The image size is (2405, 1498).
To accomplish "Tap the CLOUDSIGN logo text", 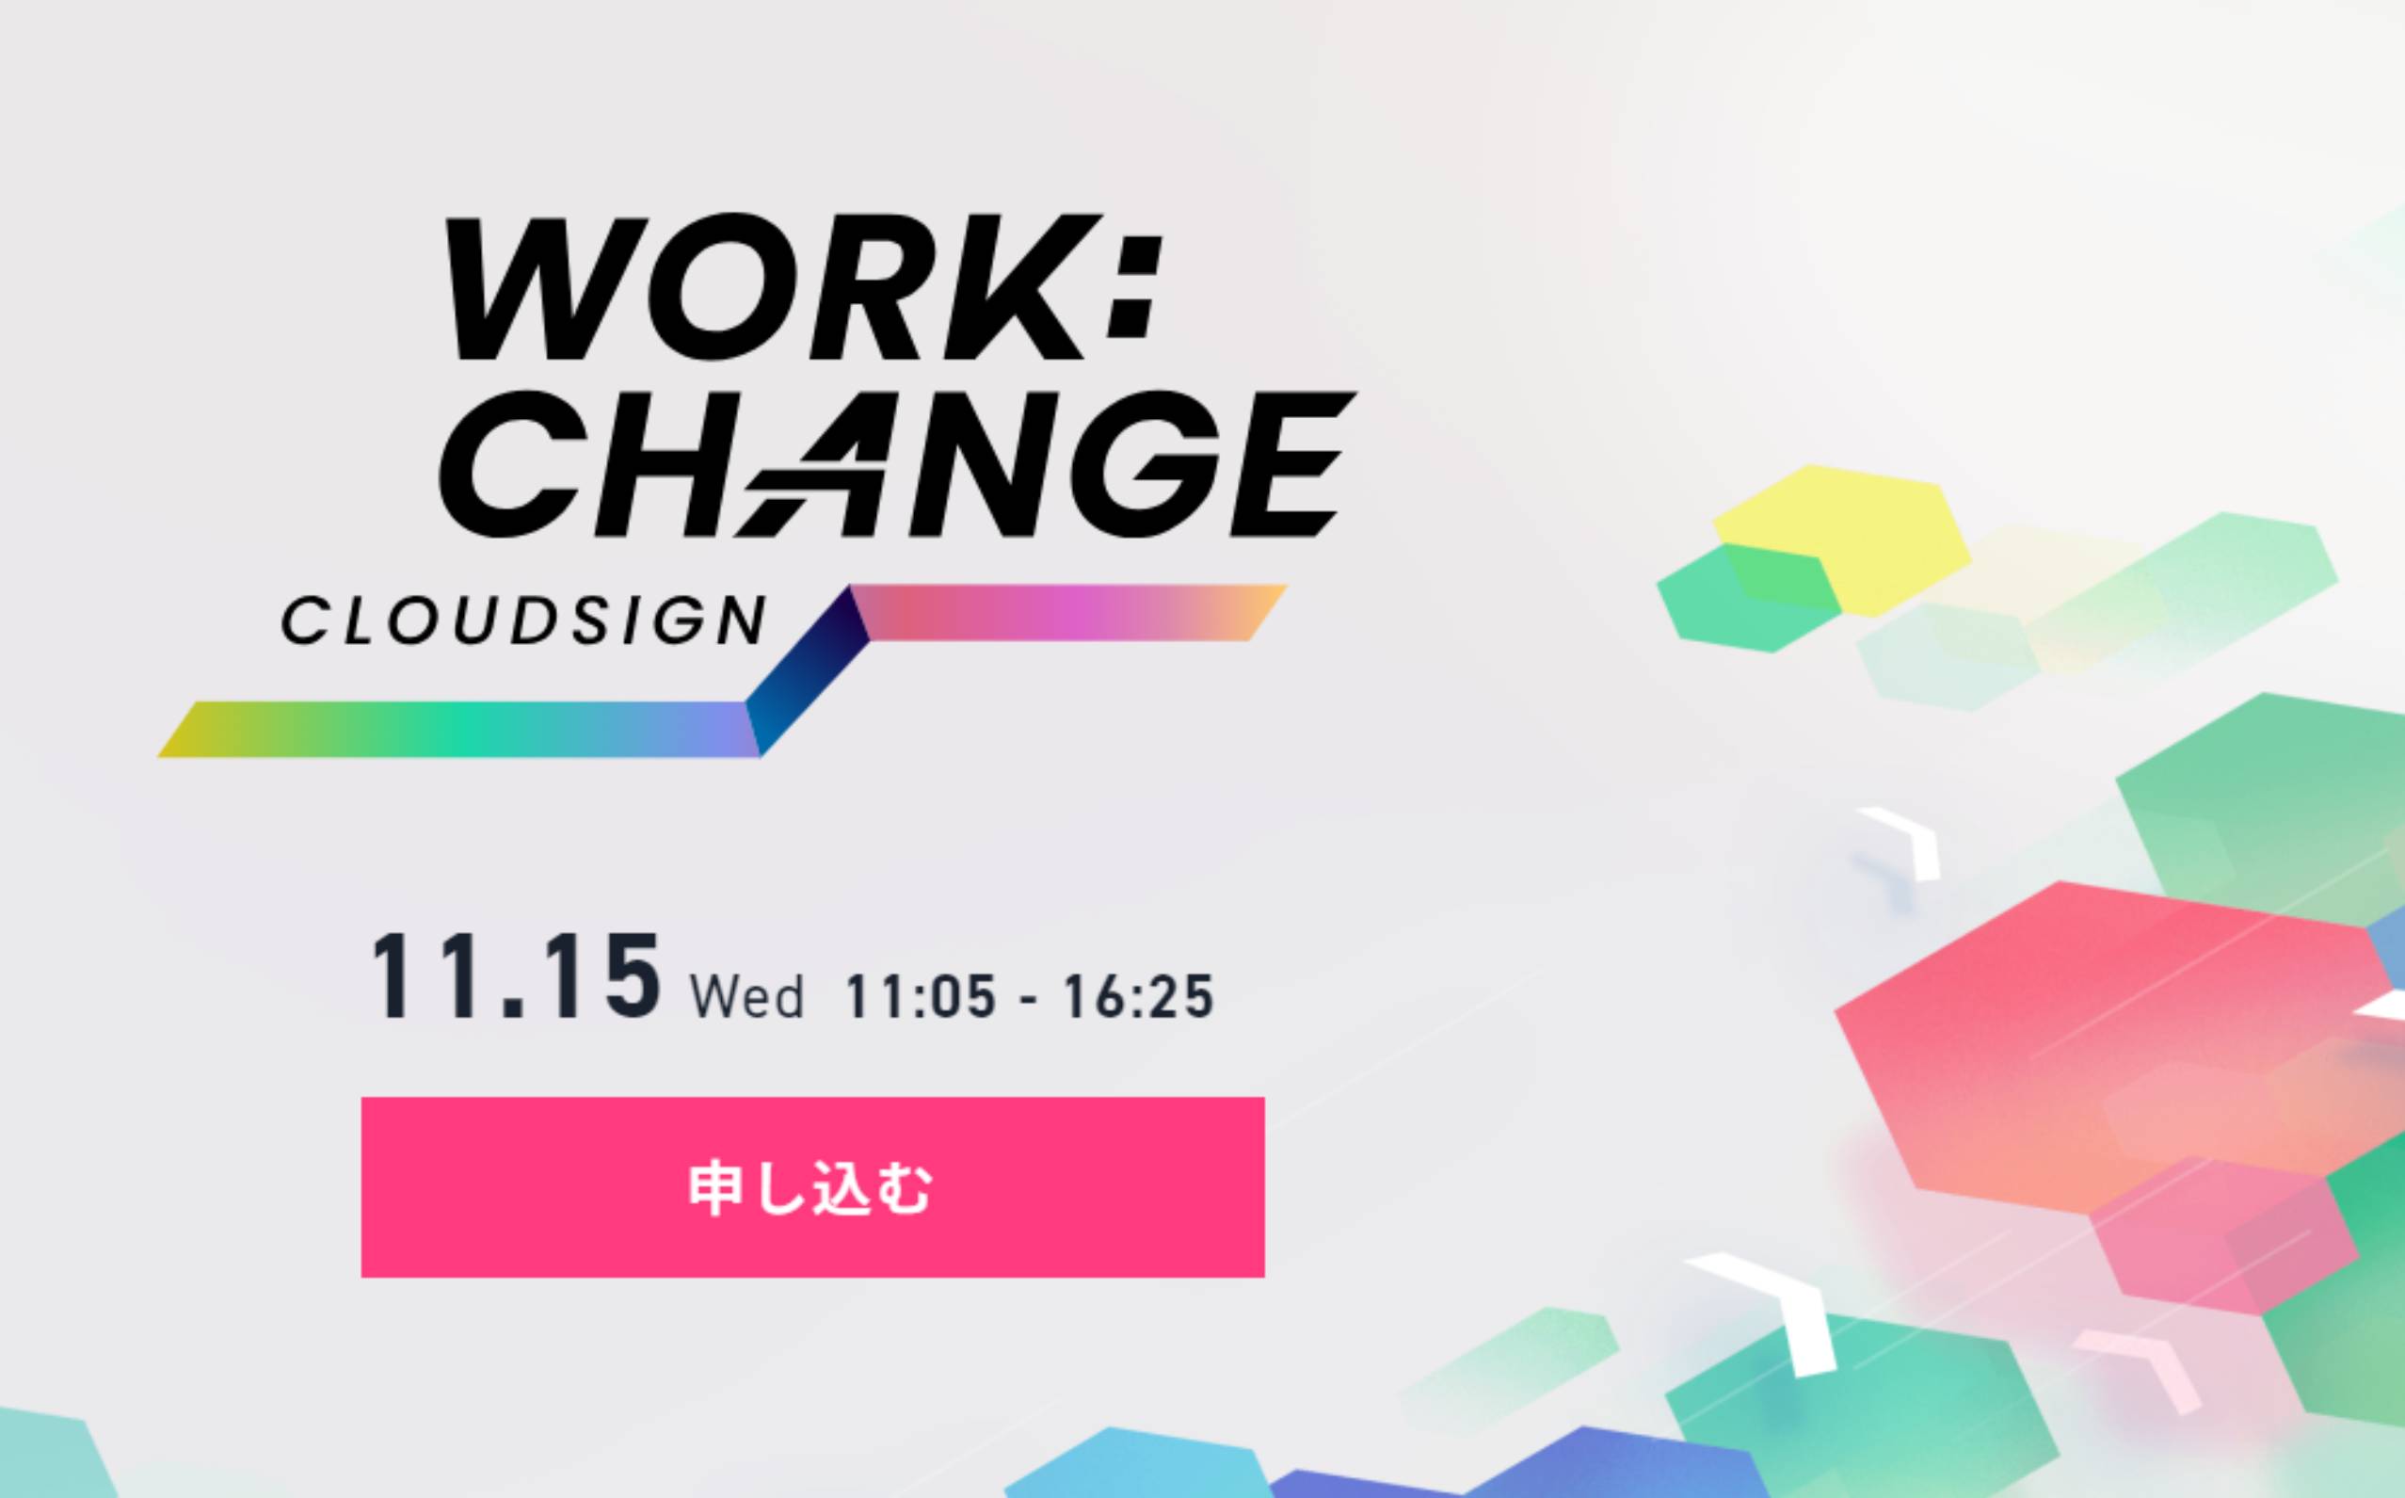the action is (524, 620).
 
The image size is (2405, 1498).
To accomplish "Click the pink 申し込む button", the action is (812, 1187).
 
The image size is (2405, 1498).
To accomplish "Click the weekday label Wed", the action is (746, 997).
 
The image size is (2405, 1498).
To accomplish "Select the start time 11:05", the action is (921, 996).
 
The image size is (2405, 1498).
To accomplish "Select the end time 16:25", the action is (1138, 996).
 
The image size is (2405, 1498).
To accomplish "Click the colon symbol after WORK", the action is (1132, 286).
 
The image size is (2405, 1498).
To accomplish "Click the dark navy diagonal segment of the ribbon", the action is (808, 670).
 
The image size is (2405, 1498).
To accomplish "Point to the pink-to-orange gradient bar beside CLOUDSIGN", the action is (1068, 612).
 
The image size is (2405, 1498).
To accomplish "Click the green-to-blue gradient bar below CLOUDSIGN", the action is (458, 729).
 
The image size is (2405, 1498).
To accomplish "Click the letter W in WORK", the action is (543, 286).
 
